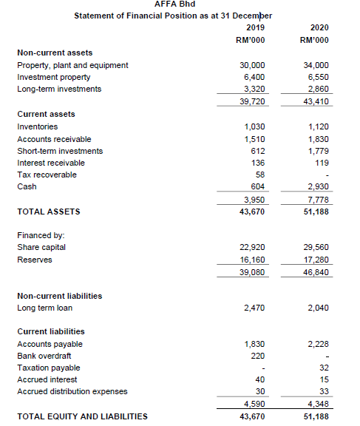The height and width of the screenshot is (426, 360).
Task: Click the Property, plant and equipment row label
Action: (72, 65)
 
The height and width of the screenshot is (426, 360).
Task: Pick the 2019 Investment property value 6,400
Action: (254, 77)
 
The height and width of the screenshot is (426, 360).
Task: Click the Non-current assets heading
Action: (55, 53)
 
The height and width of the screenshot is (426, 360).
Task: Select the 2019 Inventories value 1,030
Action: (254, 126)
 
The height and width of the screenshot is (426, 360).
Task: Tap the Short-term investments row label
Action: (60, 151)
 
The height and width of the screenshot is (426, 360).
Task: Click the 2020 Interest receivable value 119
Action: (322, 163)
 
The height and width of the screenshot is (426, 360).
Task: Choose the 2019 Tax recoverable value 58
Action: (259, 175)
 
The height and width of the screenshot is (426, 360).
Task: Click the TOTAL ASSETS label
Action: (49, 212)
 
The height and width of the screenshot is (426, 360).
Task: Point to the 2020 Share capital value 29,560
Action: (318, 247)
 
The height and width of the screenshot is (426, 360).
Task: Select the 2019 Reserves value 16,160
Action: (253, 260)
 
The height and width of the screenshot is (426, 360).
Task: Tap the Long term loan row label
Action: (44, 308)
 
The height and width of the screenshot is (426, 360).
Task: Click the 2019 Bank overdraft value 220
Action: (257, 356)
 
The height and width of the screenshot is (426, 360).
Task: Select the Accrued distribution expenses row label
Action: (72, 392)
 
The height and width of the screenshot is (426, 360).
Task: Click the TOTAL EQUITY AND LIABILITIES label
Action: (82, 416)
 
